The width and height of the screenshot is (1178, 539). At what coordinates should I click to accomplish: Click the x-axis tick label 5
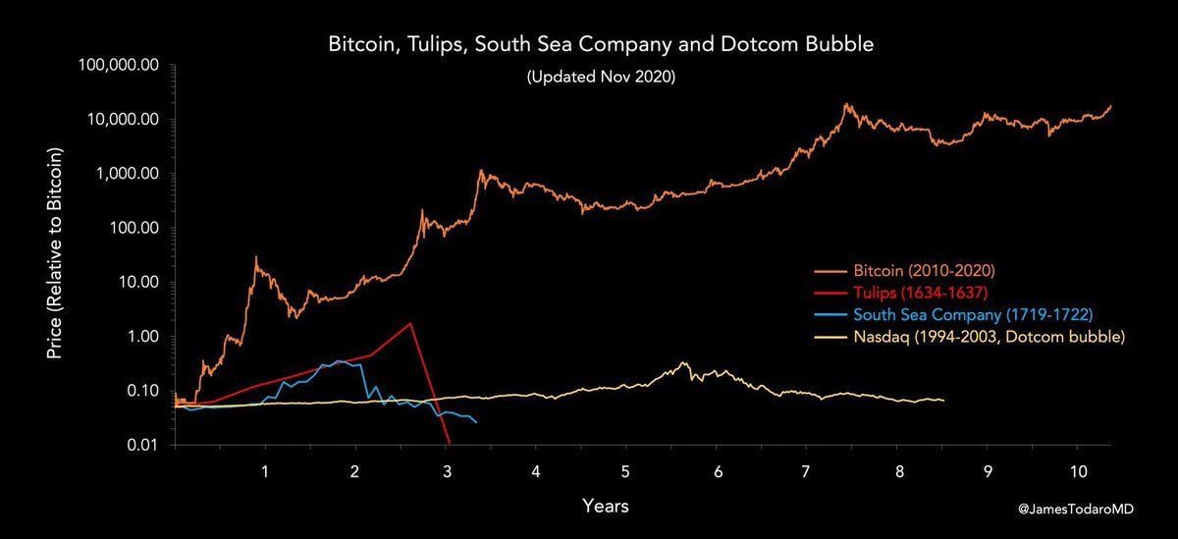click(625, 471)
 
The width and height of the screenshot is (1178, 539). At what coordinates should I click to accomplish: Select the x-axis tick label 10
click(1078, 471)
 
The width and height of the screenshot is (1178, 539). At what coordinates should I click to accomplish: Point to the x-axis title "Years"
click(606, 507)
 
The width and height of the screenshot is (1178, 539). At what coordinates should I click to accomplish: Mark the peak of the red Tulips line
click(410, 323)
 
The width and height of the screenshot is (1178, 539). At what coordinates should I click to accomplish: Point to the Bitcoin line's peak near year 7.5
click(845, 104)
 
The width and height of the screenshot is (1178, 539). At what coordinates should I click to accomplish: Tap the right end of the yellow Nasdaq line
click(943, 401)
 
